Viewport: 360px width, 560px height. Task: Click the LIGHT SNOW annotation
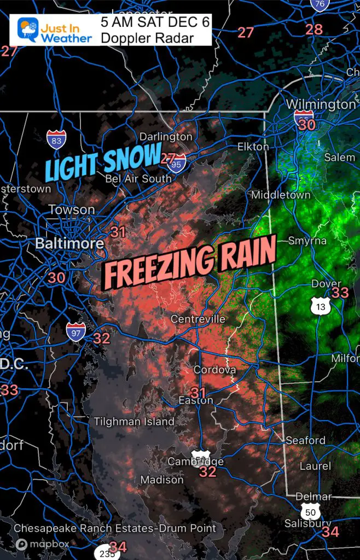pos(103,162)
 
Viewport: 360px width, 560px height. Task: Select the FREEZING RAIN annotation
pos(189,265)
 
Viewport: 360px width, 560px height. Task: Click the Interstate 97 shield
pos(75,331)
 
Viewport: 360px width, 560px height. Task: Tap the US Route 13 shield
pos(320,306)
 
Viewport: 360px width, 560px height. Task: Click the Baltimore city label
pos(69,243)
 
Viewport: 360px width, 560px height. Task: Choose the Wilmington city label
pos(321,104)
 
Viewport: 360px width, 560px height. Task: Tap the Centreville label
pos(198,319)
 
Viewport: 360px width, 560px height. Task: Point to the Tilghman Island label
pos(134,421)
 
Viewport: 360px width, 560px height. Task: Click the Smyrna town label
pos(307,241)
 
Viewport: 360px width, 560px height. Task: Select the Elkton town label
pos(253,147)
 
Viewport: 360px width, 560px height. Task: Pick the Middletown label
pos(281,195)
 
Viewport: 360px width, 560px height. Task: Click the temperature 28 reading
pos(314,30)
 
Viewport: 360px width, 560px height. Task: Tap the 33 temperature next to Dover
pos(340,293)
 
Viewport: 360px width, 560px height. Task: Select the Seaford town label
pos(306,440)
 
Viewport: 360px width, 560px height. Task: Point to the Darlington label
pos(166,136)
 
